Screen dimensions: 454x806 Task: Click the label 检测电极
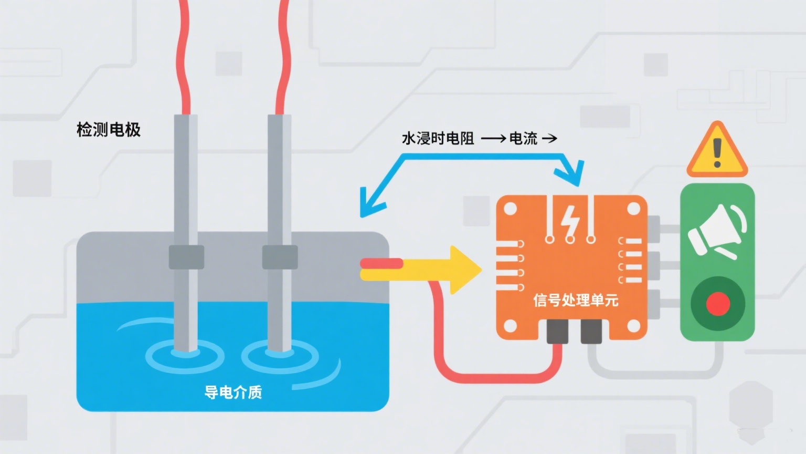[x=109, y=129]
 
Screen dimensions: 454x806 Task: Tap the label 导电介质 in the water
[x=233, y=392]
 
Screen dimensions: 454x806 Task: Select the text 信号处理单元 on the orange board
[x=576, y=300]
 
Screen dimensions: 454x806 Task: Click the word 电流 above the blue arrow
[x=523, y=138]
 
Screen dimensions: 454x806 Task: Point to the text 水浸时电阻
[x=438, y=138]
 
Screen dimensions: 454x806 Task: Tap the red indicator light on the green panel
[x=717, y=303]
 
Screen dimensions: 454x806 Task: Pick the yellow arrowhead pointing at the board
[x=465, y=270]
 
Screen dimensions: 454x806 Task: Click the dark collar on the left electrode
[x=186, y=257]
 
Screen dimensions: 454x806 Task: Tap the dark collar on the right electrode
[x=280, y=257]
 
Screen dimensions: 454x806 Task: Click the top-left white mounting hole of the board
[x=510, y=209]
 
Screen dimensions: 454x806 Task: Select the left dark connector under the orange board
[x=557, y=331]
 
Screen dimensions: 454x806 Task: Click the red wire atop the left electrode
[x=184, y=58]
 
